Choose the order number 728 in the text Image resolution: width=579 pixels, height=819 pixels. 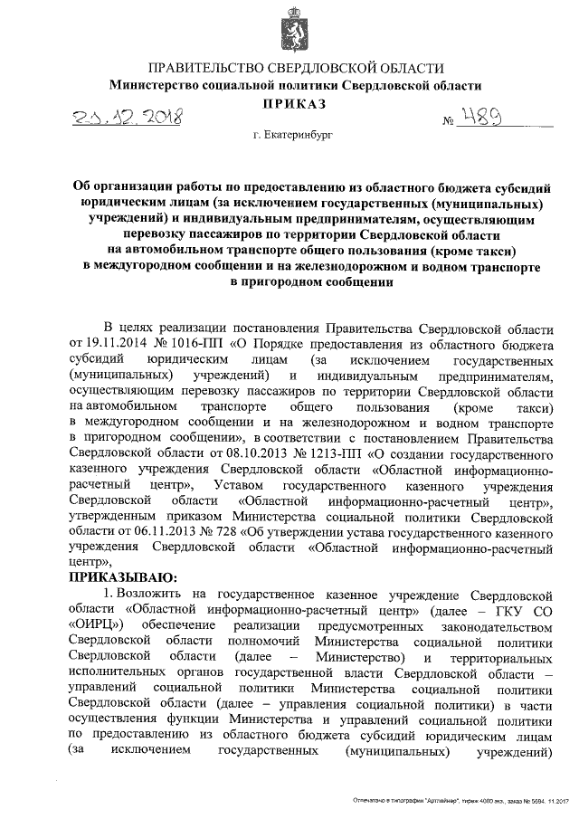(214, 531)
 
